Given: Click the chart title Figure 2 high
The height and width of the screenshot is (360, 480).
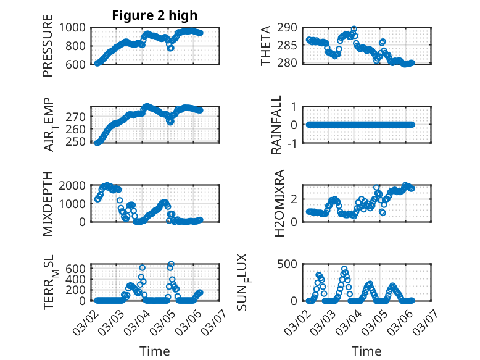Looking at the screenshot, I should [x=155, y=15].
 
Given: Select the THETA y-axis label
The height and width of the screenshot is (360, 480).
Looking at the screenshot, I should [x=266, y=46].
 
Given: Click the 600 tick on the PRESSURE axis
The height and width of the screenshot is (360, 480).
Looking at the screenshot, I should [x=79, y=64].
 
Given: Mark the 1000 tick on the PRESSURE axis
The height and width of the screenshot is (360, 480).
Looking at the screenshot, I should [x=76, y=28].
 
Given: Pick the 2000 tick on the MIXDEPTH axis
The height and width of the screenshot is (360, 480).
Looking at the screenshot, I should [x=76, y=185].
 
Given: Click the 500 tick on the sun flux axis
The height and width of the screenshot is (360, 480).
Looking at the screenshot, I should [x=292, y=264].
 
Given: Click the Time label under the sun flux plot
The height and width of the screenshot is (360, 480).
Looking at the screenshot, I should [x=366, y=351].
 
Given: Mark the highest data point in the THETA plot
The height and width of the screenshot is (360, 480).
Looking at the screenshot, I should [x=354, y=29].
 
